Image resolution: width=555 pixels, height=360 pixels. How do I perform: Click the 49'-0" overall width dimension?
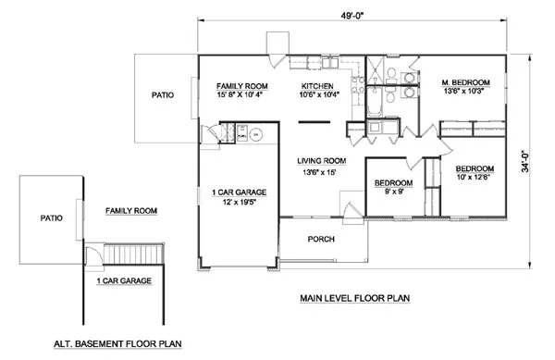click(x=353, y=16)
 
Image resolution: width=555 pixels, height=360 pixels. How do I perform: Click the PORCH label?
click(x=321, y=240)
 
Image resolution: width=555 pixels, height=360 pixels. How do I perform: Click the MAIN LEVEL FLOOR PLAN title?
click(x=354, y=299)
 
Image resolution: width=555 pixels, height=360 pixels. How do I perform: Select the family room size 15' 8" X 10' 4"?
click(x=229, y=93)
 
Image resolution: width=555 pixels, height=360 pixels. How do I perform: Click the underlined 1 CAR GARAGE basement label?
click(x=124, y=279)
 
